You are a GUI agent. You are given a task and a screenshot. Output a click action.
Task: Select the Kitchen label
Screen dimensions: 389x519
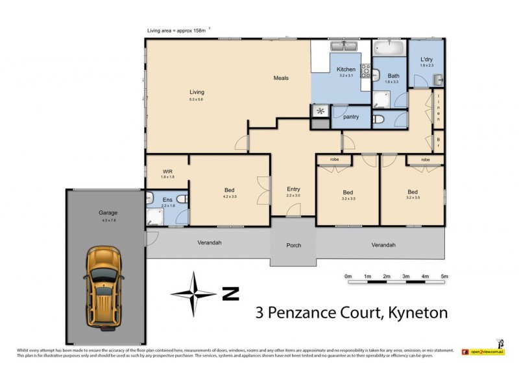[x=345, y=69]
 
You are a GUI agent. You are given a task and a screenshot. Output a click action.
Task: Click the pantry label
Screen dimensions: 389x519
[x=351, y=117]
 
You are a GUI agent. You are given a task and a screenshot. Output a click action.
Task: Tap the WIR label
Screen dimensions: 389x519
[x=167, y=172]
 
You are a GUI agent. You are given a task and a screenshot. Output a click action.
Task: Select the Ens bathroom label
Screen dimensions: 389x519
[x=167, y=200]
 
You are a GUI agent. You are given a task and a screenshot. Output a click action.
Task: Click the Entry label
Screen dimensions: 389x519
[x=293, y=189]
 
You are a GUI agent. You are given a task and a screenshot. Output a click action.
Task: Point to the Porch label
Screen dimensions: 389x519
[x=293, y=245]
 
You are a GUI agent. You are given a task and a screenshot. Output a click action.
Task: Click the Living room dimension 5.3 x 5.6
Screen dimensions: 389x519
[x=197, y=99]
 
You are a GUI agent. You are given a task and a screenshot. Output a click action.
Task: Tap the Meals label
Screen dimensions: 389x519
[x=280, y=78]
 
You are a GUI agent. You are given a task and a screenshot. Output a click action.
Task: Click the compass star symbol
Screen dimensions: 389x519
[x=193, y=293]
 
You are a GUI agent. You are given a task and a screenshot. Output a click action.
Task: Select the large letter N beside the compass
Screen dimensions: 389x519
[x=230, y=294]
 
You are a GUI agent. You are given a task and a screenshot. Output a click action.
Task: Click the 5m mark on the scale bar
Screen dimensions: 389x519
[x=444, y=277]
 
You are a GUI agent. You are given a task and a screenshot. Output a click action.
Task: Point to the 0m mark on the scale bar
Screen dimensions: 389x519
[x=348, y=277]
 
